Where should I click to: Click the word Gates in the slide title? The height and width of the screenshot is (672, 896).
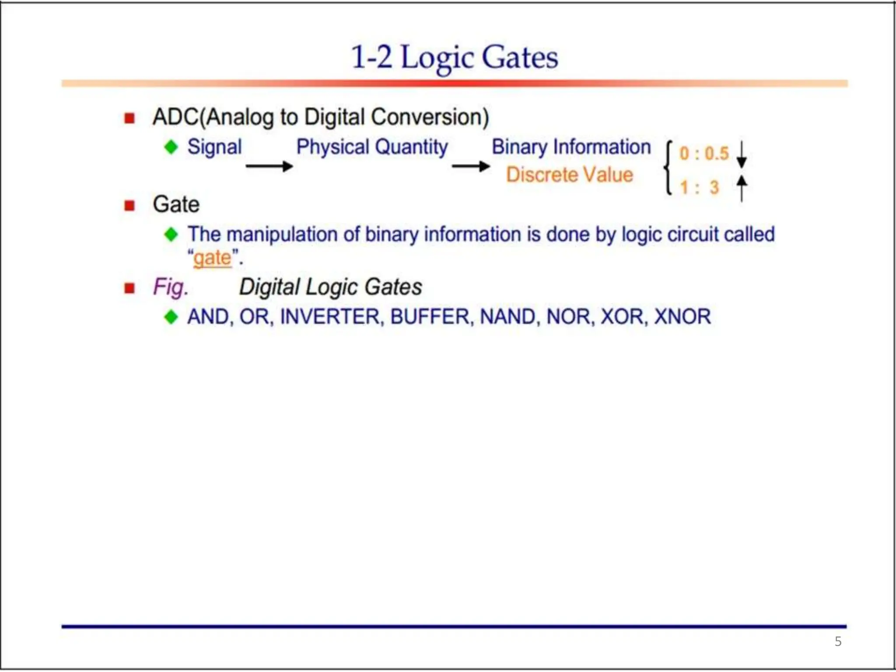520,57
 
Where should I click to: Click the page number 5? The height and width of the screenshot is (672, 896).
838,641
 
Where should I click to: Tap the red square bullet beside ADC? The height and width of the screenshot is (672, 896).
129,118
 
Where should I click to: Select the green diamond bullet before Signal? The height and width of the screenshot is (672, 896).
171,147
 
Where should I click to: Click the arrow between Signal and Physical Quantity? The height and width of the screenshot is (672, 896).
269,166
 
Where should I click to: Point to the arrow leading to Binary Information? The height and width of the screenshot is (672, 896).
471,166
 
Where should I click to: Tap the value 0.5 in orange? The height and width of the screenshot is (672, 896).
717,154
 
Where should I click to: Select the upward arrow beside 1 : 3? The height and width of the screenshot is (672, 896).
742,188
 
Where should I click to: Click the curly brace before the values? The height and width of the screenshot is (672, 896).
668,168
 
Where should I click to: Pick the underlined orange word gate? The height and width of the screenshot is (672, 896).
212,258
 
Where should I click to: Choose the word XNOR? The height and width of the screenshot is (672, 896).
682,317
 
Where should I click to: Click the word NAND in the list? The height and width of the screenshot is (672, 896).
507,317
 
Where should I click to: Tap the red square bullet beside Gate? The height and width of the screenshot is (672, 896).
129,205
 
